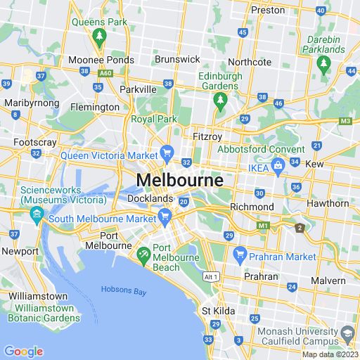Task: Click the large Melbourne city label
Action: point(180,180)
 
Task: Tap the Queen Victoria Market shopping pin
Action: point(167,151)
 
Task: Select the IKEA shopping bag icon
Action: point(278,165)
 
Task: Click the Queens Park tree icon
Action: point(98,35)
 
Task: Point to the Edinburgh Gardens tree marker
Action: point(219,101)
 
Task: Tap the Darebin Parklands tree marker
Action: point(323,64)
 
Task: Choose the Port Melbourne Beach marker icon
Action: point(143,252)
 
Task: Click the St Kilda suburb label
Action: point(218,310)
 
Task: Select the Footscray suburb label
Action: point(34,142)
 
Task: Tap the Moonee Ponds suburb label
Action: point(102,60)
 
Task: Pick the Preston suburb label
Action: point(269,10)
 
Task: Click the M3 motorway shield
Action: point(345,121)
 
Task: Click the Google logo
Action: point(23,352)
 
